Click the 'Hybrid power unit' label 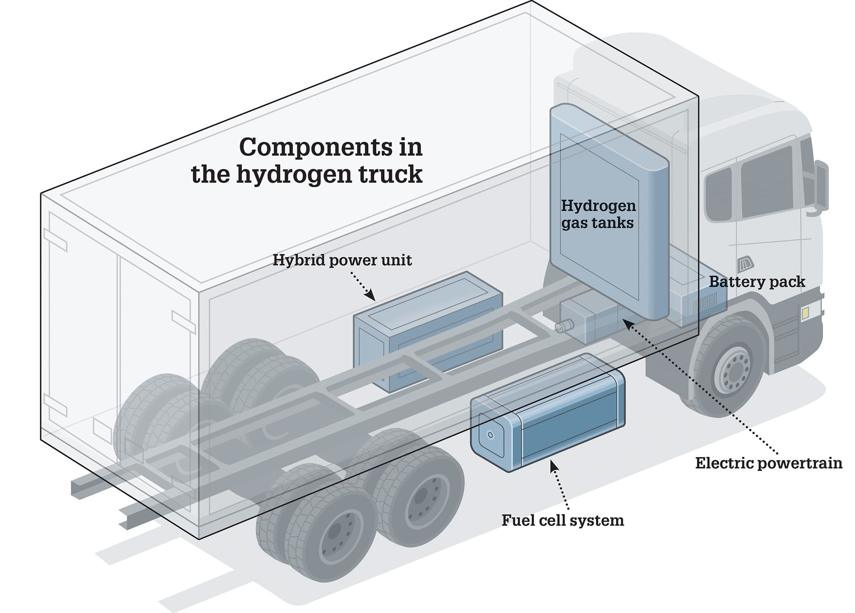(342, 261)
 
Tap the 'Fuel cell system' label (563, 520)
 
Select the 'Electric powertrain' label (769, 463)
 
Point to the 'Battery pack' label (757, 282)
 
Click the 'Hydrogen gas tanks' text (598, 215)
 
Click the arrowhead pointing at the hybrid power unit (371, 296)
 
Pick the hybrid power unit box (428, 331)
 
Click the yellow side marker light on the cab (804, 314)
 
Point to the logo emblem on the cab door (746, 263)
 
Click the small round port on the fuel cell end (490, 435)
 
